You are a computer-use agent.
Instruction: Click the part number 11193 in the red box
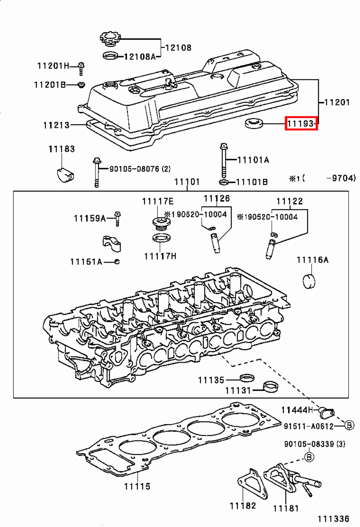pyautogui.click(x=301, y=124)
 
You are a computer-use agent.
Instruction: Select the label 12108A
pyautogui.click(x=140, y=57)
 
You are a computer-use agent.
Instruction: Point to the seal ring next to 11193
pyautogui.click(x=254, y=124)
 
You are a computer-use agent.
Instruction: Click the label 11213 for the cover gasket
pyautogui.click(x=56, y=125)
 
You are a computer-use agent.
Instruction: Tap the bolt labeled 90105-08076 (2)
pyautogui.click(x=97, y=173)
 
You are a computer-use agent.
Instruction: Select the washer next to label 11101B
pyautogui.click(x=223, y=182)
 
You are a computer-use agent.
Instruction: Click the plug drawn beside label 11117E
pyautogui.click(x=161, y=223)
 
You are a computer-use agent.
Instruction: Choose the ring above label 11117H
pyautogui.click(x=161, y=238)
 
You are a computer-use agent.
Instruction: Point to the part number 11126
pyautogui.click(x=217, y=198)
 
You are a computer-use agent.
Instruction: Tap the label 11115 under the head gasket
pyautogui.click(x=137, y=486)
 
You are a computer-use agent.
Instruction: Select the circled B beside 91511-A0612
pyautogui.click(x=349, y=425)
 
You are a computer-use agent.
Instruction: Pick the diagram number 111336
pyautogui.click(x=333, y=519)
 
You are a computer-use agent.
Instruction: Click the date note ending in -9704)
pyautogui.click(x=322, y=178)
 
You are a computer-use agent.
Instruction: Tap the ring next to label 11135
pyautogui.click(x=246, y=377)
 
